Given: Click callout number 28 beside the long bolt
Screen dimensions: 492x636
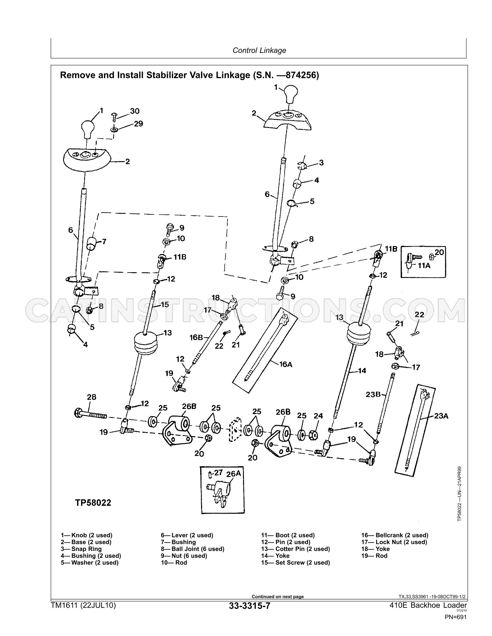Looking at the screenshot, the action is click(x=92, y=397).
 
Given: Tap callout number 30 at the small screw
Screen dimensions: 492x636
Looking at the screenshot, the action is click(x=135, y=111).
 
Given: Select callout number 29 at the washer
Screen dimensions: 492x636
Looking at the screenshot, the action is click(x=138, y=124).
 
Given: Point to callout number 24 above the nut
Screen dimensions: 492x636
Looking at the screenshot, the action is click(x=318, y=416).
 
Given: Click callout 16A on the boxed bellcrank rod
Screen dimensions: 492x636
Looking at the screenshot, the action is click(x=285, y=364).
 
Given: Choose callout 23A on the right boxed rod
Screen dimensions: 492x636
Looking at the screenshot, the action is click(x=441, y=416).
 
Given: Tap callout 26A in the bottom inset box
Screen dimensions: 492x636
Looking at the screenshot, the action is click(x=234, y=474).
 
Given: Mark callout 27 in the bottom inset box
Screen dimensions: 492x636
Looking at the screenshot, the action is click(x=218, y=473).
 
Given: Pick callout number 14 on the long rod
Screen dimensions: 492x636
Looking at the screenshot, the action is click(x=362, y=371).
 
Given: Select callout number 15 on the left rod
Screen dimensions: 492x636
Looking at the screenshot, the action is click(x=165, y=304).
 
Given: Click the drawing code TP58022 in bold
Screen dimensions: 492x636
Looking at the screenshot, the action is click(x=93, y=503).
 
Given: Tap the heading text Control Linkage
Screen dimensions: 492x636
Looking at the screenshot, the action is click(x=259, y=50).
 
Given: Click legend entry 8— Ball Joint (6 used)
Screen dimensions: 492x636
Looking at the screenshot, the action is click(x=193, y=549).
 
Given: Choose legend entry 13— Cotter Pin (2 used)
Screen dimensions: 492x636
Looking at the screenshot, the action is click(x=295, y=549).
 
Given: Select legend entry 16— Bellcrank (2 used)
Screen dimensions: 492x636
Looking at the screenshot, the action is click(x=395, y=535).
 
